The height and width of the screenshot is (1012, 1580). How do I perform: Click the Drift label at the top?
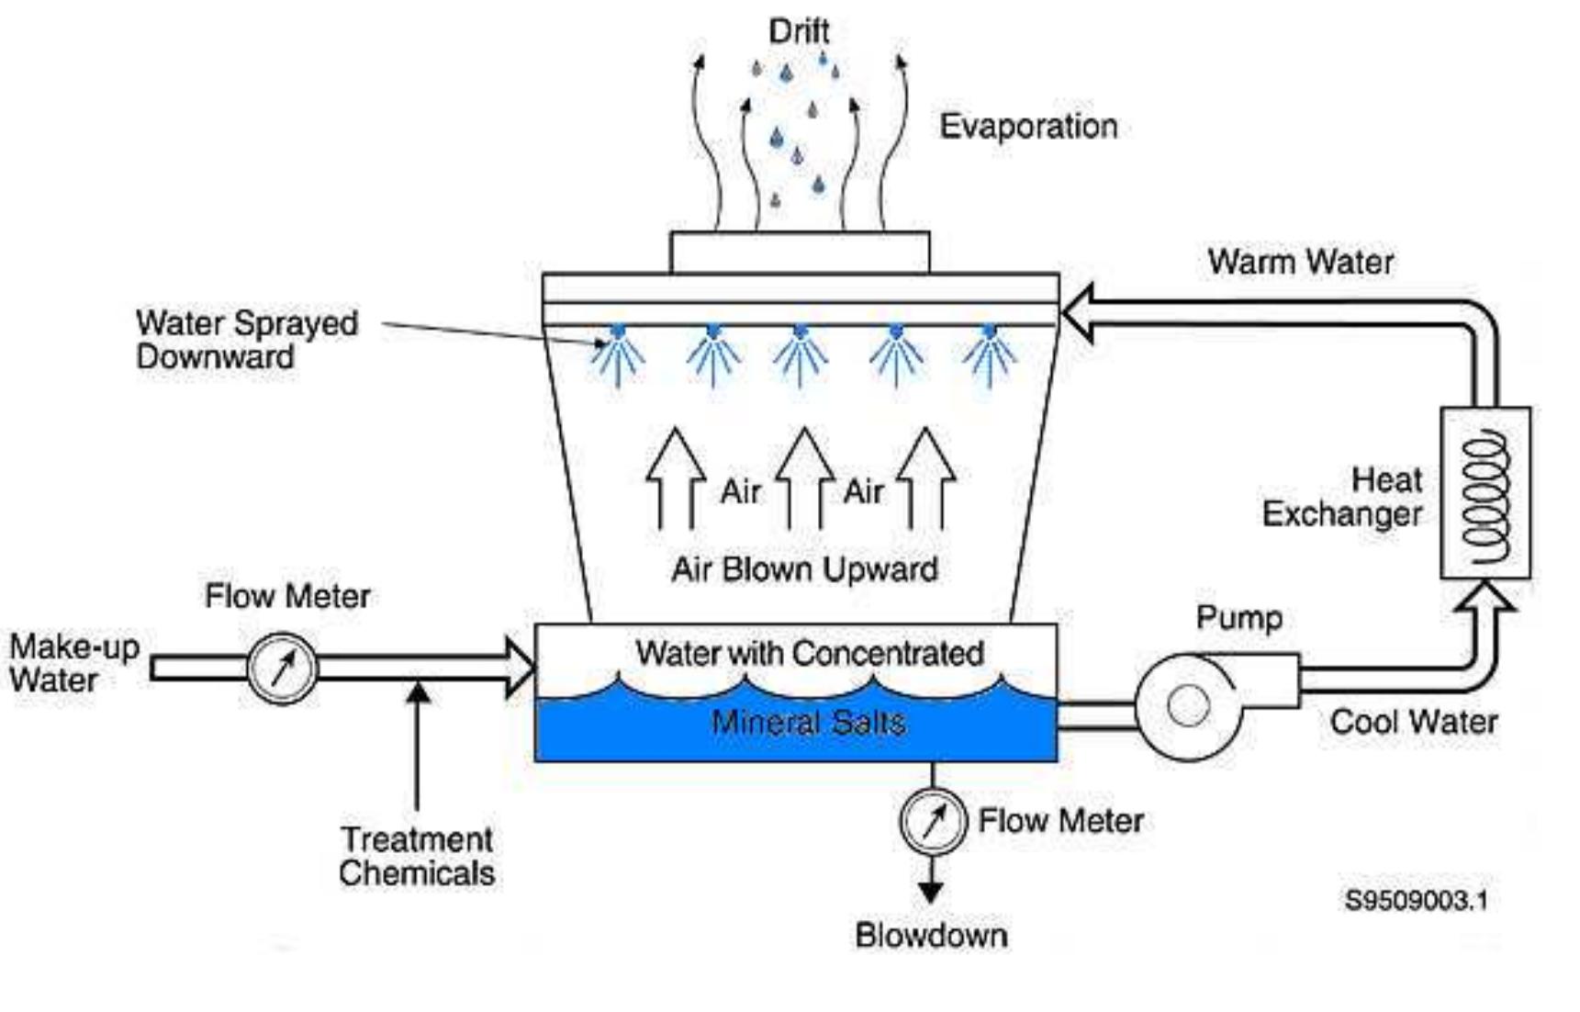799,31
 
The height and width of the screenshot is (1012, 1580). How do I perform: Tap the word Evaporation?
1028,126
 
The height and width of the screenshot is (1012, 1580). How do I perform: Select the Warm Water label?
1300,262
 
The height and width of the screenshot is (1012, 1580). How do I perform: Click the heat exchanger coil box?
1485,493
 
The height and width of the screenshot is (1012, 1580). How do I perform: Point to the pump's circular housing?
1188,706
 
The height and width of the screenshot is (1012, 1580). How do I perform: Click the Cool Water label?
1413,722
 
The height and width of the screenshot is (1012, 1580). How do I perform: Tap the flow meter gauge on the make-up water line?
283,669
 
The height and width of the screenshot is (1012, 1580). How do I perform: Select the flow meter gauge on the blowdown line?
933,821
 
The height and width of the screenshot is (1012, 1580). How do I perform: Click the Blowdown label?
931,935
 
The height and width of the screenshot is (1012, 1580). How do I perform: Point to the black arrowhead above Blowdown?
931,892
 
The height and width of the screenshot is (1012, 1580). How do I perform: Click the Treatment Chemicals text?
417,856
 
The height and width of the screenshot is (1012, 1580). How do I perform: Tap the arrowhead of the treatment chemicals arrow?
418,692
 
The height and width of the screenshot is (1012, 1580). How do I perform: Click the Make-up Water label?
73,663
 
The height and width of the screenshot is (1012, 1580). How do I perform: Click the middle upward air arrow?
804,478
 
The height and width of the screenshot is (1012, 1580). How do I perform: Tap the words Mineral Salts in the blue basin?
808,723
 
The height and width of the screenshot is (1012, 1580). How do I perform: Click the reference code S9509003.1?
1416,900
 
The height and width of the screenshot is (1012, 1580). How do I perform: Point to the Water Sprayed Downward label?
246,340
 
